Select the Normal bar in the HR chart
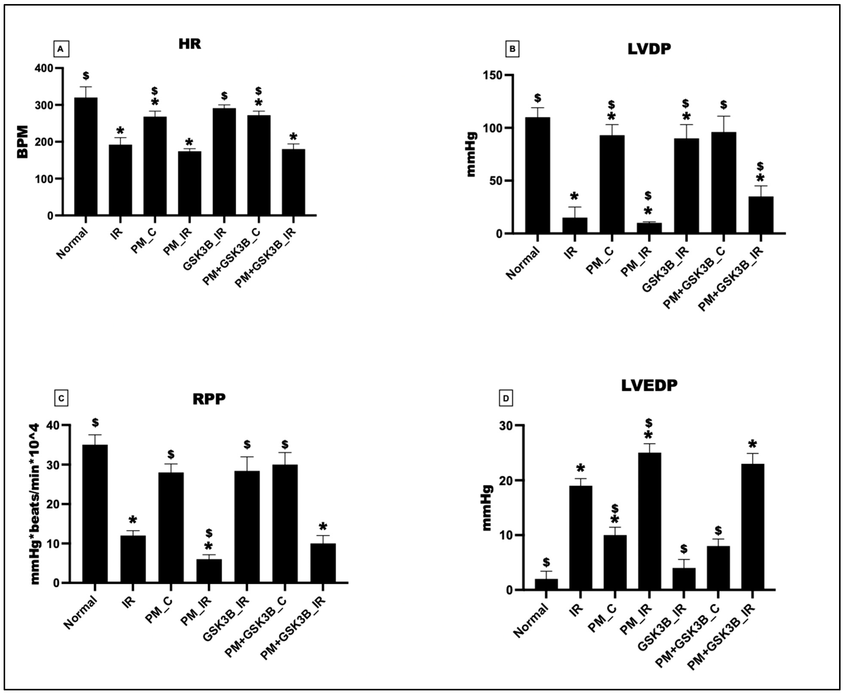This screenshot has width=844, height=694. [86, 156]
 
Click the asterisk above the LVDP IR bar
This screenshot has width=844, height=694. [574, 196]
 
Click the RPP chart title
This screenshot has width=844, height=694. [209, 399]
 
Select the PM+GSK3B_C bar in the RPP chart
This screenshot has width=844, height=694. [285, 524]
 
